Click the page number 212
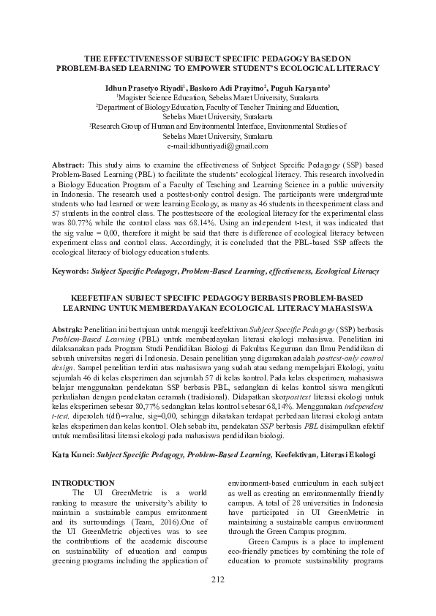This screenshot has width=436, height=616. (218, 600)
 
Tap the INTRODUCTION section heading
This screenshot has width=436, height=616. (85, 483)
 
